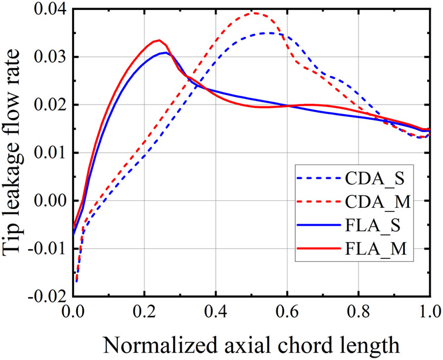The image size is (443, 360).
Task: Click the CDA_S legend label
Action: [383, 177]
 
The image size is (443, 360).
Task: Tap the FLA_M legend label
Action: [383, 251]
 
